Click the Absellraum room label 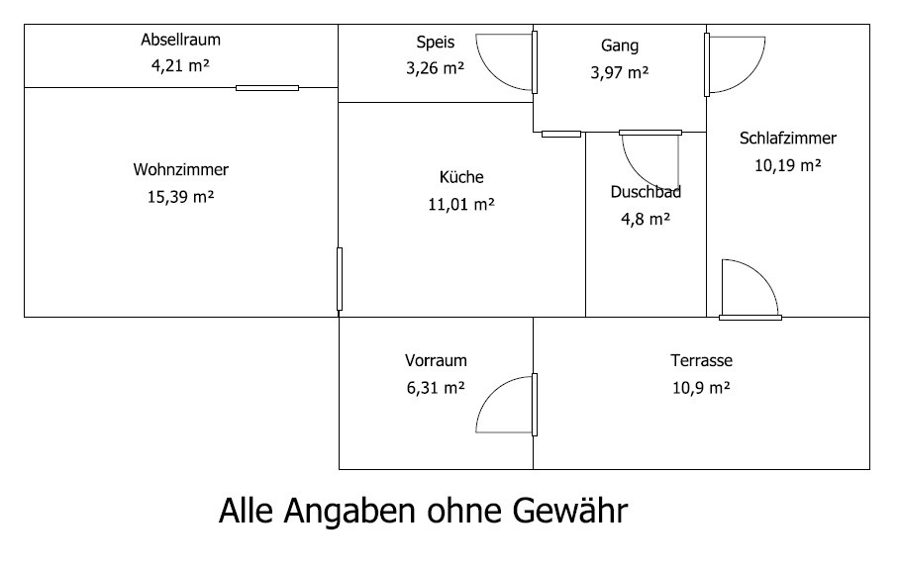[x=180, y=40]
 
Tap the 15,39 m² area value [x=180, y=197]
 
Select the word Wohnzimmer [x=180, y=169]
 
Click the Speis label [x=436, y=43]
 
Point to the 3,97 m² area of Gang [x=620, y=73]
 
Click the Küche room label [x=461, y=176]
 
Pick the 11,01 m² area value [x=461, y=204]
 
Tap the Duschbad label [x=646, y=192]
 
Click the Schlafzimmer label [x=788, y=139]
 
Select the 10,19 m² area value [x=788, y=165]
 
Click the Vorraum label [x=436, y=360]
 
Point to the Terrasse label [x=701, y=360]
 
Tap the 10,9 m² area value [x=701, y=388]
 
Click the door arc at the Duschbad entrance [x=650, y=161]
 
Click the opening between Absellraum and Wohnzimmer [x=267, y=88]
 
